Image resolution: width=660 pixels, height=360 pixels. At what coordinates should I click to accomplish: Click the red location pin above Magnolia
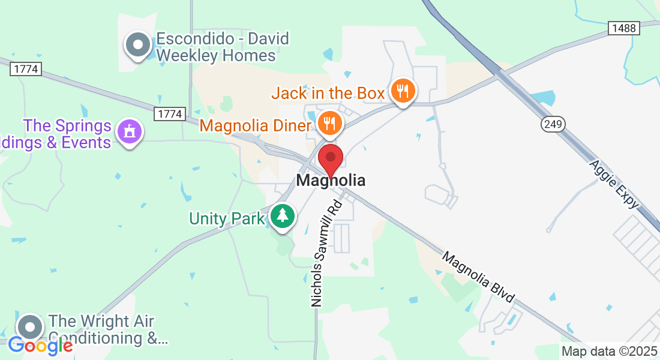coord(330,158)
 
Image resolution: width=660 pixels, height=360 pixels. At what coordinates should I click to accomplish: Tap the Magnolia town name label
coord(331,180)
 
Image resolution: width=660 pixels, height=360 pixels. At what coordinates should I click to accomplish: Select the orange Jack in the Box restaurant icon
coord(403,91)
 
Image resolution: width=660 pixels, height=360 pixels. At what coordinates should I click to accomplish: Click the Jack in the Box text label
coord(328,93)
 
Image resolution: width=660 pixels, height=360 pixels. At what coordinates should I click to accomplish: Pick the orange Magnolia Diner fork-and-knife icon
coord(329,123)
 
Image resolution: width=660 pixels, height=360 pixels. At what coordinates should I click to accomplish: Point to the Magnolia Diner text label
coord(256,125)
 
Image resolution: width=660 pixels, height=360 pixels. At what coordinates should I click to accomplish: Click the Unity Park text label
coord(227,218)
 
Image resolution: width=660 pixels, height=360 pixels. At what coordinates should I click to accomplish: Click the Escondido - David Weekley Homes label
coord(222,47)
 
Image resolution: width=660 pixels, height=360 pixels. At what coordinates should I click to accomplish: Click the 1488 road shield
coord(624,28)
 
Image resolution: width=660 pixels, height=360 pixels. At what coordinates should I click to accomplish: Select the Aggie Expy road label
coord(614,184)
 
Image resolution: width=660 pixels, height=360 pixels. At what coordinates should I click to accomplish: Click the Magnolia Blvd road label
coord(479,277)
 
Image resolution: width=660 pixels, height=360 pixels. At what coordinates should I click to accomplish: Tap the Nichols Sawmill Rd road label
coord(326,254)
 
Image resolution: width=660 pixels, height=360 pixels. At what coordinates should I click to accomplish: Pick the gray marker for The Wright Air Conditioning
coord(30,328)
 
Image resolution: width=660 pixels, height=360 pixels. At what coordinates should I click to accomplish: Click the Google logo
coord(40,345)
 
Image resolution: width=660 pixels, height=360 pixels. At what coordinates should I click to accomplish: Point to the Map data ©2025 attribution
coord(610,352)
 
